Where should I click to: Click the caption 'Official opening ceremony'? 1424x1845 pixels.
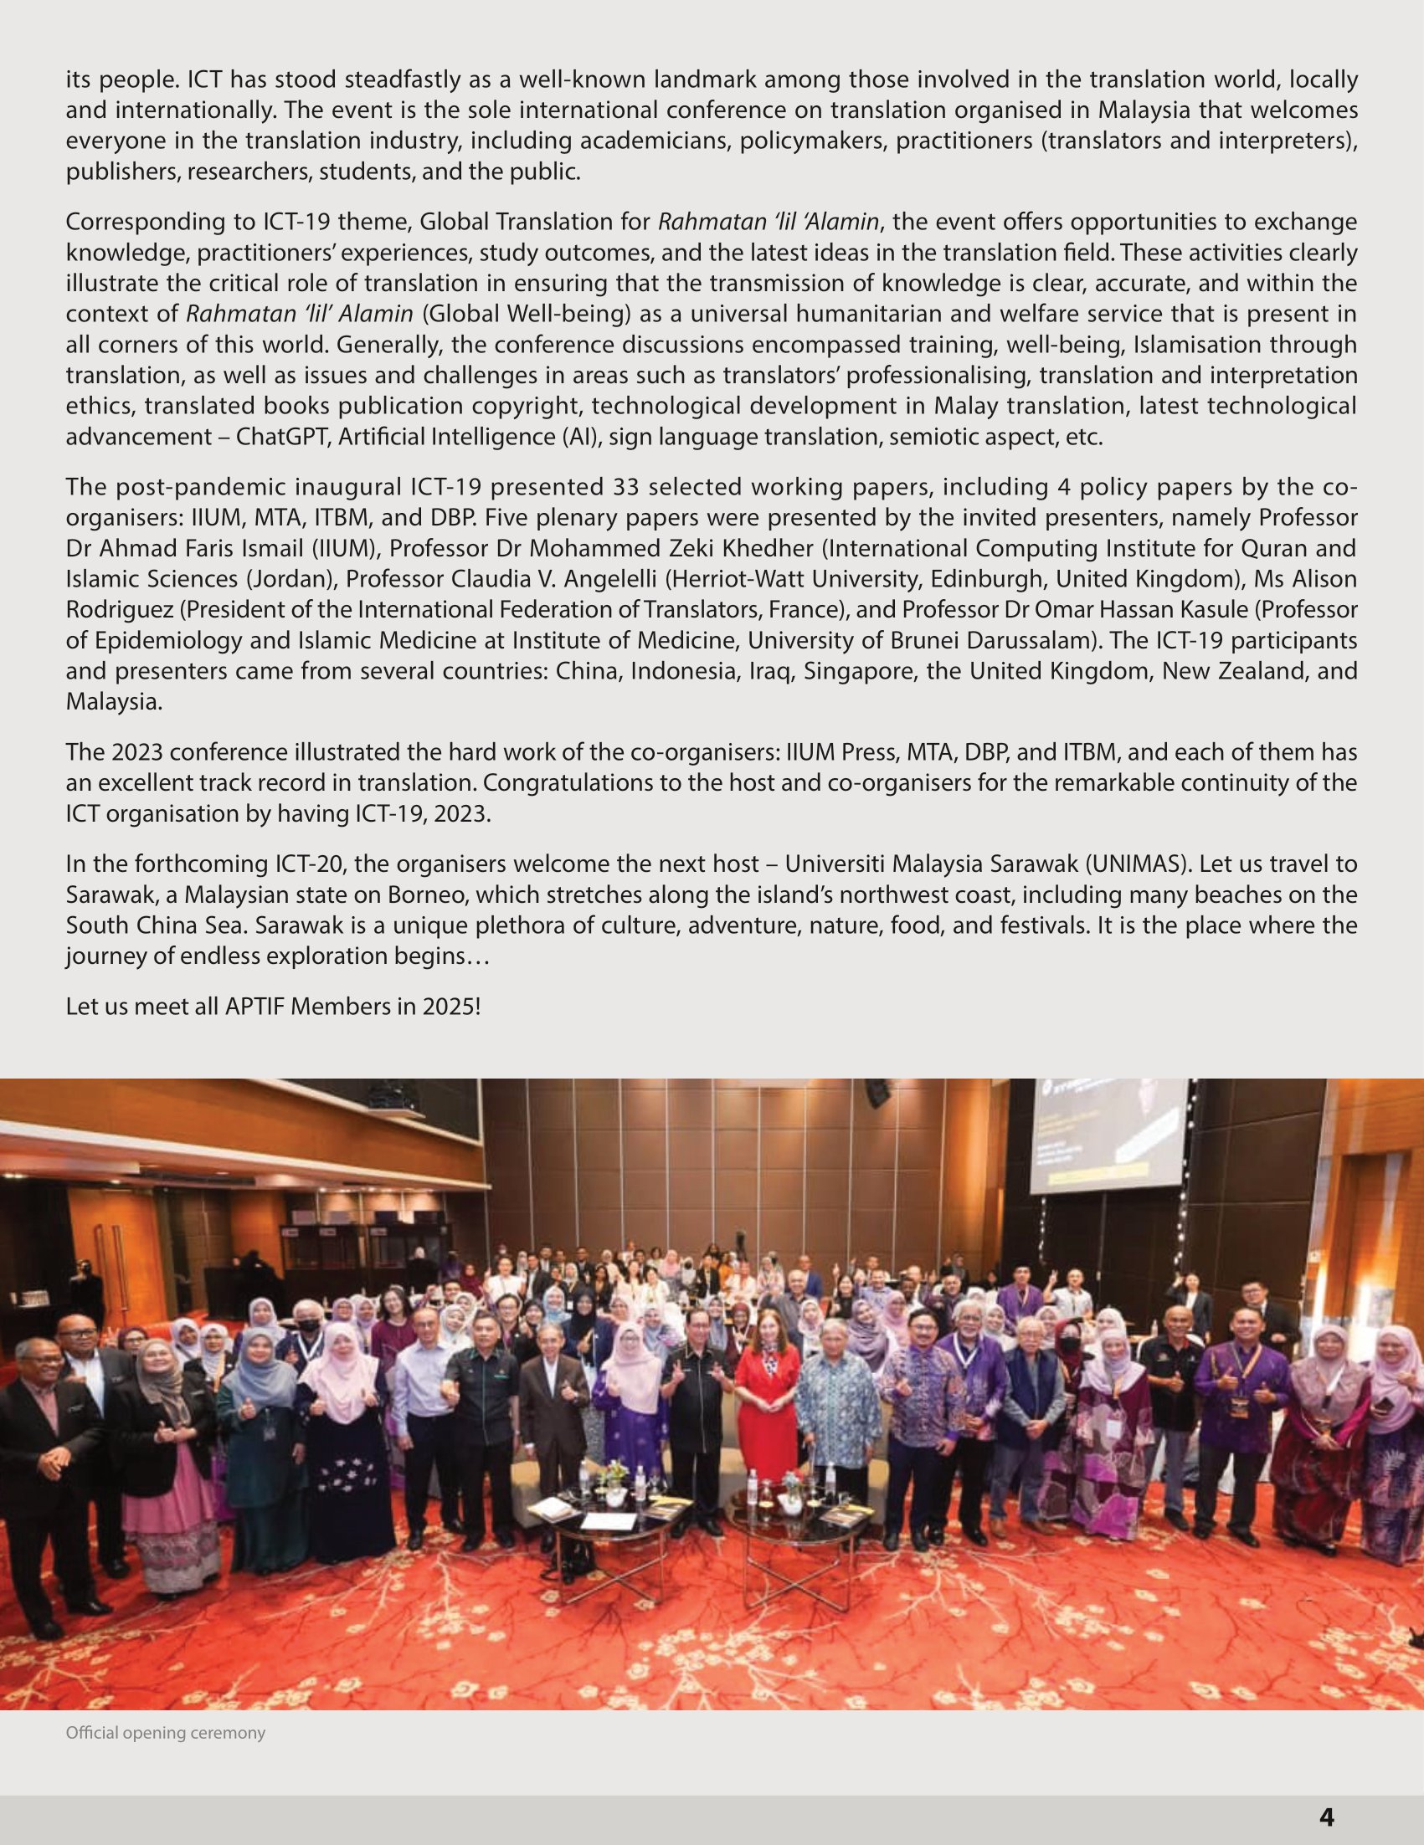pos(166,1734)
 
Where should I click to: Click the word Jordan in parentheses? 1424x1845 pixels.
pos(288,579)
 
